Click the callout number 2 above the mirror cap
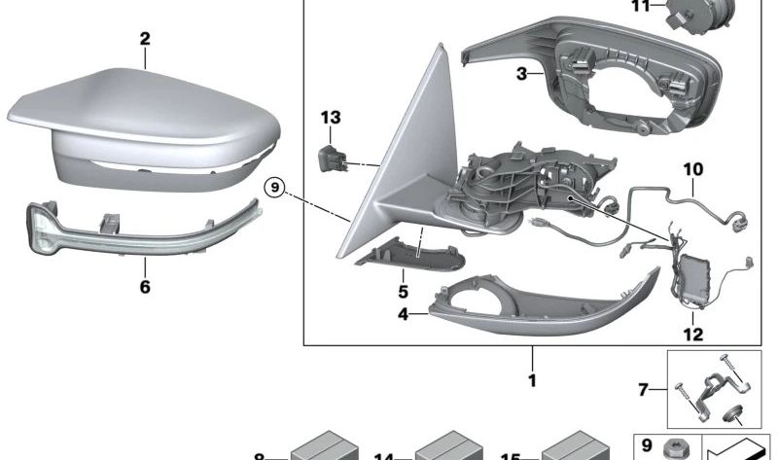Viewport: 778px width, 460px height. click(145, 39)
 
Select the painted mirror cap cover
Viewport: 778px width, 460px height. click(146, 126)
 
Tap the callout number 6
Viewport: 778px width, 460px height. click(145, 288)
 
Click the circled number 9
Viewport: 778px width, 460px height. click(275, 186)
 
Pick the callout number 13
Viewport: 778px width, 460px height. click(332, 118)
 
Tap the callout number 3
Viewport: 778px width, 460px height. click(521, 73)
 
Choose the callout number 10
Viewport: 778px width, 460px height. click(691, 169)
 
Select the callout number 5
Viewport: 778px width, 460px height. click(403, 290)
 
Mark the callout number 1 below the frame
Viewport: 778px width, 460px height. click(532, 380)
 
